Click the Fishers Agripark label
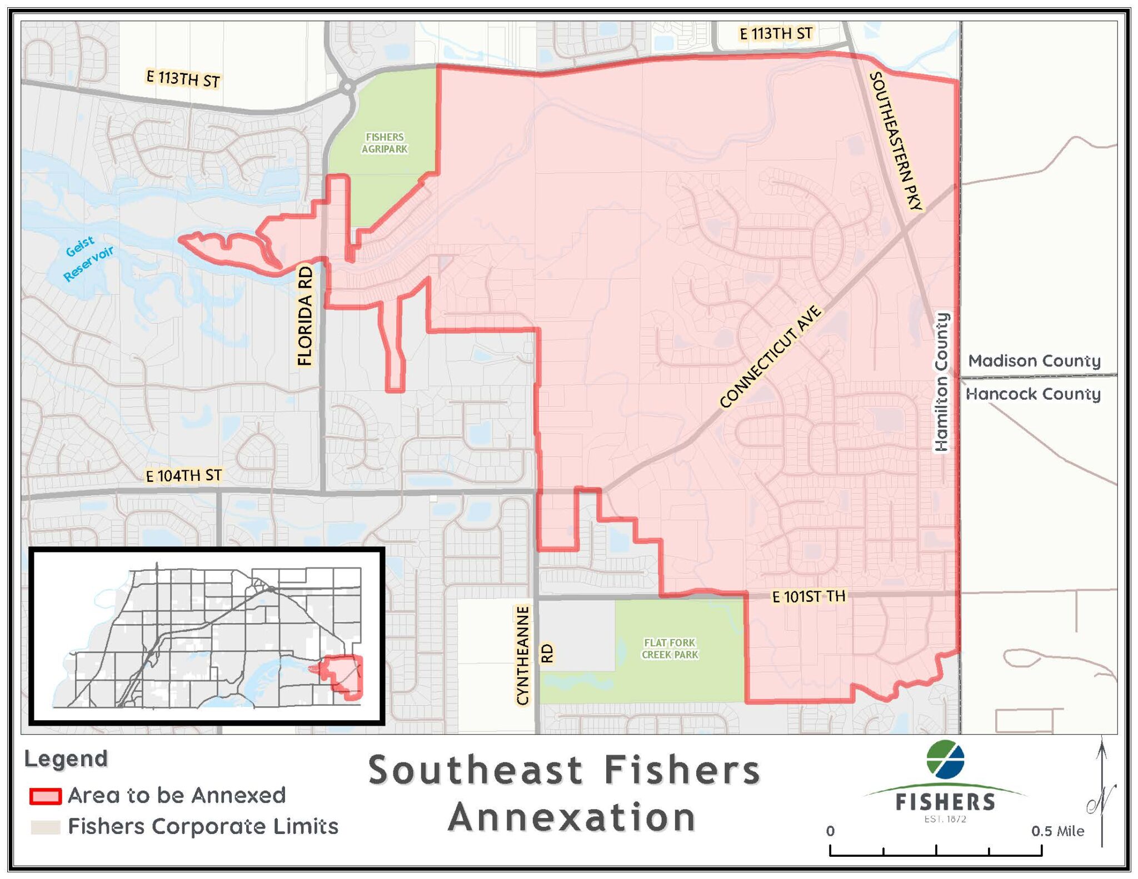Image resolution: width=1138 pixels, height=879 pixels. pos(385,143)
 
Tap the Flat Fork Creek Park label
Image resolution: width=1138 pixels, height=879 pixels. pos(670,649)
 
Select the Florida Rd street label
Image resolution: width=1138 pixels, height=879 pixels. pos(305,315)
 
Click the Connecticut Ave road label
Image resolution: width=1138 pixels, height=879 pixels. pos(770,356)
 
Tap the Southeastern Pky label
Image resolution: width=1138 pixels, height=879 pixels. pos(896,141)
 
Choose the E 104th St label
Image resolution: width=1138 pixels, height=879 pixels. pos(183,475)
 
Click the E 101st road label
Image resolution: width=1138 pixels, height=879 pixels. pos(808,597)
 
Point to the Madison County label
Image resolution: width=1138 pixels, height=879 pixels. pos(1034,361)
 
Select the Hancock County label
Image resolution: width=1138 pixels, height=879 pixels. pos(1033,394)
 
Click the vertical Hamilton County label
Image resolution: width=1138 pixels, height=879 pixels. pos(941,382)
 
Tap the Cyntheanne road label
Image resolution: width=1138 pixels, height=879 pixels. pos(522,655)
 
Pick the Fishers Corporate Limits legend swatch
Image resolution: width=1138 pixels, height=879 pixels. pos(46,827)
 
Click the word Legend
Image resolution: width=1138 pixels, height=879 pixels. pos(66,759)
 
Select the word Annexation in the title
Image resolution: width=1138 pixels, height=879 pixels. pos(572,817)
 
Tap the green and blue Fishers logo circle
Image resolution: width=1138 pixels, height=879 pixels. pos(945,760)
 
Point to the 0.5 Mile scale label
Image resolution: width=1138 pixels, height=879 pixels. pos(1057,831)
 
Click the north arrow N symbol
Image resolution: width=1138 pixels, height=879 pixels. pos(1101,800)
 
